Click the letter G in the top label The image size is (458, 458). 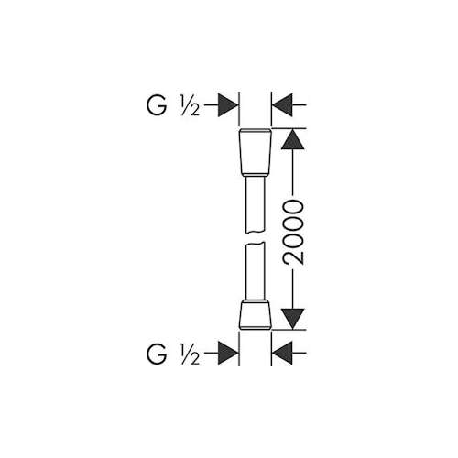[x=157, y=105]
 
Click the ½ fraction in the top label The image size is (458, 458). [x=190, y=105]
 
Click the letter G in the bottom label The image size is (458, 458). [x=157, y=354]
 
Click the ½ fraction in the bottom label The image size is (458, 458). [x=190, y=354]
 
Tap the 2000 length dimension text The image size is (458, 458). [x=293, y=232]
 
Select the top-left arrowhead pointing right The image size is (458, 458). [x=228, y=105]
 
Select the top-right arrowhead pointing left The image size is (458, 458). [x=282, y=105]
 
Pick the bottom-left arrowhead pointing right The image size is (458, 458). [x=228, y=354]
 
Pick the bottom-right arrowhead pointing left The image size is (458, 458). [x=282, y=354]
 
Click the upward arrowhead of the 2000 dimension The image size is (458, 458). [x=293, y=139]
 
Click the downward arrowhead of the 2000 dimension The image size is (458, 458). [x=293, y=319]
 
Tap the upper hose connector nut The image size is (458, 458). [x=255, y=152]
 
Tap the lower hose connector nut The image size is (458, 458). [x=255, y=315]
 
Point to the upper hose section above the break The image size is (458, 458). [x=255, y=205]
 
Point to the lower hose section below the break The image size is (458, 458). [x=255, y=271]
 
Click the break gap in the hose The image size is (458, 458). [x=255, y=238]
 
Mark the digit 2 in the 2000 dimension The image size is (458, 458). [x=293, y=256]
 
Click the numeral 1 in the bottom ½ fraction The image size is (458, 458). [x=184, y=349]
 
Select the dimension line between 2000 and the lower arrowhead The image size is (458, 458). [x=293, y=287]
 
